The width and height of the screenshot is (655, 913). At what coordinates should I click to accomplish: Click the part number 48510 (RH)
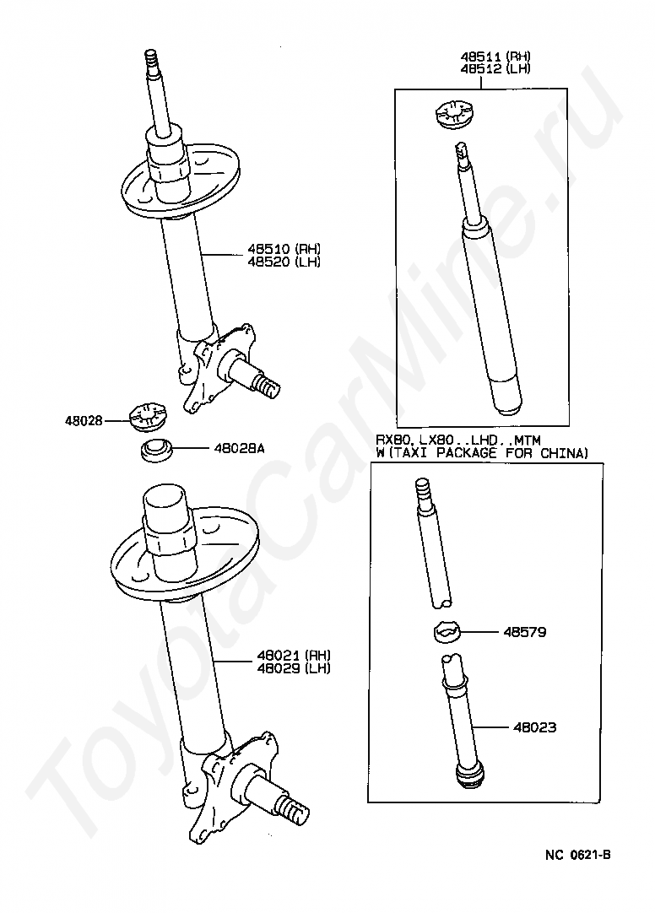pyautogui.click(x=284, y=249)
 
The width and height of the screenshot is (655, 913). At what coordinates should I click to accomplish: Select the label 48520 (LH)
pyautogui.click(x=284, y=262)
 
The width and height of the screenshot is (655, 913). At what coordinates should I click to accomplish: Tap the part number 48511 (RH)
pyautogui.click(x=495, y=57)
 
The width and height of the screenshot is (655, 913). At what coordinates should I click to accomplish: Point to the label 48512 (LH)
pyautogui.click(x=495, y=68)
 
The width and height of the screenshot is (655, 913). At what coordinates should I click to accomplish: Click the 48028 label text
pyautogui.click(x=84, y=420)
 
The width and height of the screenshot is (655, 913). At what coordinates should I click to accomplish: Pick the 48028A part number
pyautogui.click(x=239, y=448)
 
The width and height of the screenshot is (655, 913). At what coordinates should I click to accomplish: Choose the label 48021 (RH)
pyautogui.click(x=294, y=656)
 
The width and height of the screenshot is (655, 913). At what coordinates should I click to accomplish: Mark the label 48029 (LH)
pyautogui.click(x=294, y=668)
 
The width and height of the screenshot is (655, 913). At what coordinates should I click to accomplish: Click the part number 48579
pyautogui.click(x=524, y=632)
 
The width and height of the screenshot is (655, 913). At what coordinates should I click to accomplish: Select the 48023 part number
pyautogui.click(x=534, y=727)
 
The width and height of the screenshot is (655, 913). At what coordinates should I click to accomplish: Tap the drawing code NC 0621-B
pyautogui.click(x=578, y=855)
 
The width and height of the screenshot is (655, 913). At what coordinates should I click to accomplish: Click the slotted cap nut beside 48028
pyautogui.click(x=148, y=417)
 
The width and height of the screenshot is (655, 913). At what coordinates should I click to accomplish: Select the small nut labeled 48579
pyautogui.click(x=447, y=632)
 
